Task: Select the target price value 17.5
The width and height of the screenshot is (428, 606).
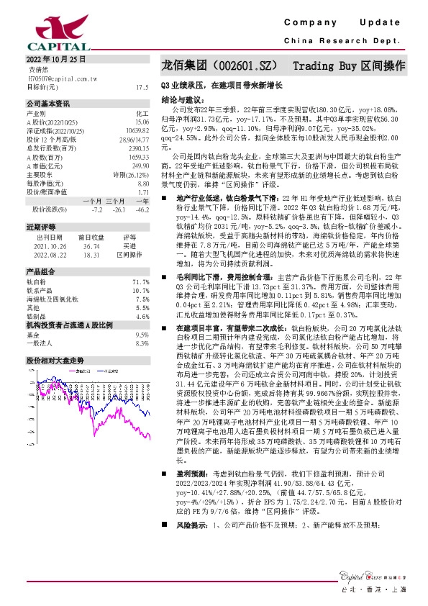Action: (x=142, y=86)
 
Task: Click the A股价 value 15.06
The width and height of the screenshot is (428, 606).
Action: (x=142, y=121)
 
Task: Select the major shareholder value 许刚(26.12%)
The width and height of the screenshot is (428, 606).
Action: (x=131, y=173)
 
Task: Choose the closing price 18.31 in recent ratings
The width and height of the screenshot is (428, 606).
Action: (x=91, y=254)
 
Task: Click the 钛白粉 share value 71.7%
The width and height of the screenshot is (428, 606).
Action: (x=141, y=282)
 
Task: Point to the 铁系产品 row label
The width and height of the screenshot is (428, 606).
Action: (x=39, y=289)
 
